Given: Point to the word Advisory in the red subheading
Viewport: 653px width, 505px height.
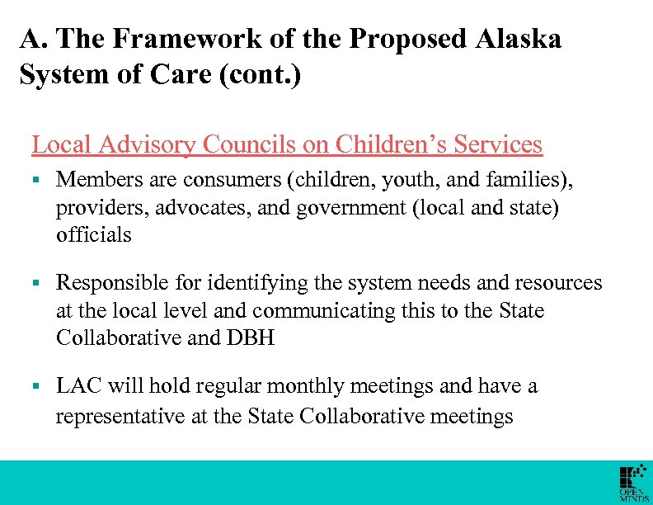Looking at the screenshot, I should (x=146, y=145).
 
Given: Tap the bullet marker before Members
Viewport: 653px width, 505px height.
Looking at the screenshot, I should (x=36, y=180).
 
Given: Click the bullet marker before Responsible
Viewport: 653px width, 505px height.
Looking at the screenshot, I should (x=36, y=283).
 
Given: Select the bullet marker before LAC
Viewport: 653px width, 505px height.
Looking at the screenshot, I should (x=36, y=386).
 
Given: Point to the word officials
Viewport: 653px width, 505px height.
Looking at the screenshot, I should (x=94, y=234).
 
